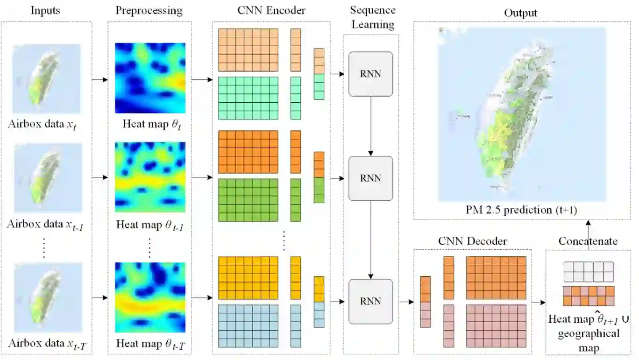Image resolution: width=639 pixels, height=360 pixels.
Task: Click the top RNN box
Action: pyautogui.click(x=370, y=74)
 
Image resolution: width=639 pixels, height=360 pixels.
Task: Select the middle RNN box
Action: pyautogui.click(x=370, y=178)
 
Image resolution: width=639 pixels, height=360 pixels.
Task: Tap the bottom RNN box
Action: pyautogui.click(x=370, y=301)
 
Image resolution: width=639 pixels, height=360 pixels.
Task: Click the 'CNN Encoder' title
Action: pyautogui.click(x=271, y=10)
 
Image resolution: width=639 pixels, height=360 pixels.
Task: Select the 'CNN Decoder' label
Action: pyautogui.click(x=472, y=241)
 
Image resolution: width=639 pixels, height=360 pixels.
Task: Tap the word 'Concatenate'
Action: pyautogui.click(x=588, y=241)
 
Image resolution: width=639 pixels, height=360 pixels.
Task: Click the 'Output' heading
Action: pyautogui.click(x=521, y=13)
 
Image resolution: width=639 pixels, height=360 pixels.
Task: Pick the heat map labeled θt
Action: pyautogui.click(x=150, y=78)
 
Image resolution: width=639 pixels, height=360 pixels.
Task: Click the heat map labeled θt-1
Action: pyautogui.click(x=150, y=177)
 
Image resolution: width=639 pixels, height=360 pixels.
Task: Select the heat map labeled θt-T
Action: pyautogui.click(x=150, y=297)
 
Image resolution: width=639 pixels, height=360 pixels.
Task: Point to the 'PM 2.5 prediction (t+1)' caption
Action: pyautogui.click(x=521, y=210)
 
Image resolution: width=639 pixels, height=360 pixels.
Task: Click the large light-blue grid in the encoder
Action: pyautogui.click(x=248, y=326)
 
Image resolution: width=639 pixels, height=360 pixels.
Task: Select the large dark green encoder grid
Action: pyautogui.click(x=248, y=200)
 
